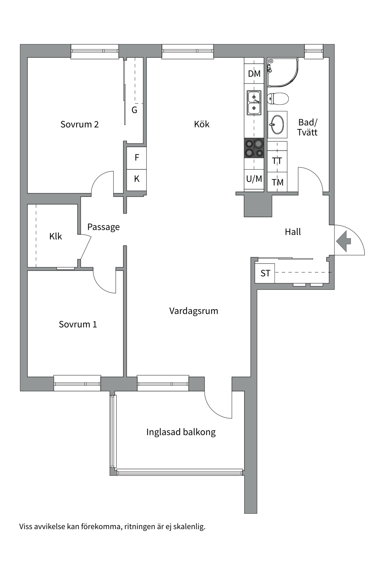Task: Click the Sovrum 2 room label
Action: [79, 124]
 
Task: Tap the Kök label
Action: [202, 124]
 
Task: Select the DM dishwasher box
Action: [254, 74]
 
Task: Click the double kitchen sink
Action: [254, 103]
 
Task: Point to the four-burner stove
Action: [254, 148]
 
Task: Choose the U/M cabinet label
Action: [254, 179]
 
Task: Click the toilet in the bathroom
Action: [278, 98]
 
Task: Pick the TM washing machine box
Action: [277, 182]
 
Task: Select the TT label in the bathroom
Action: [277, 161]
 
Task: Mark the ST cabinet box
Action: [265, 273]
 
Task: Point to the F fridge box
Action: [137, 158]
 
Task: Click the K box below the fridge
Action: [137, 179]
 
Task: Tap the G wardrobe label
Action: [134, 110]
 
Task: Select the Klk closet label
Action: [55, 237]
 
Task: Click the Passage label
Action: [103, 227]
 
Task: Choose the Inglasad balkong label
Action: [181, 432]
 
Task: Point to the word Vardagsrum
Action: [193, 311]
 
